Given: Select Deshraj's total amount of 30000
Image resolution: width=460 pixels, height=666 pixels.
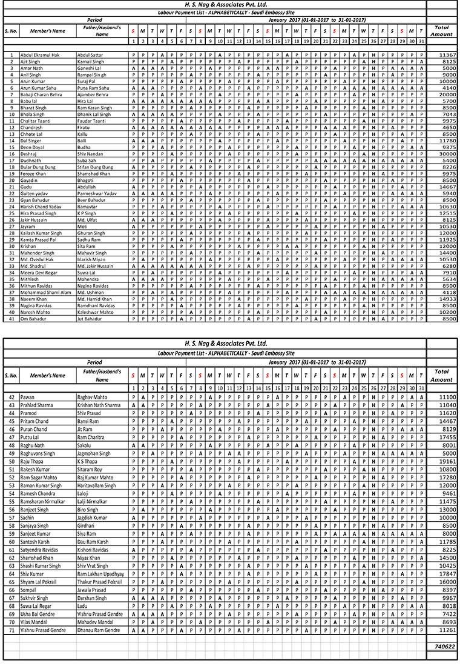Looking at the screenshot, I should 445,154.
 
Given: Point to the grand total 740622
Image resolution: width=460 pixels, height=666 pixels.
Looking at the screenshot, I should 444,647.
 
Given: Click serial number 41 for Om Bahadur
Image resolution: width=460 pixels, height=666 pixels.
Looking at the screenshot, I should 11,318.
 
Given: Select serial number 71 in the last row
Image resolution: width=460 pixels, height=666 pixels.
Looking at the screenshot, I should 11,630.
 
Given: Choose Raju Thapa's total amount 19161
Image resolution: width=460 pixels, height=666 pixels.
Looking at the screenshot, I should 445,461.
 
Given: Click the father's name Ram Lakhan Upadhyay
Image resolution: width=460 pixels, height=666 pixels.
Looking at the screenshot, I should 101,573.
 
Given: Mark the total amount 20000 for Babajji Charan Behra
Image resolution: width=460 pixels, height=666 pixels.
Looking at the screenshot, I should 445,95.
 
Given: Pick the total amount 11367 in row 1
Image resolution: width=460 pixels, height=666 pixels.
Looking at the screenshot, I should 445,55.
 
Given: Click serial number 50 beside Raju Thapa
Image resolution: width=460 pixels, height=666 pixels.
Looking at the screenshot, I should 11,461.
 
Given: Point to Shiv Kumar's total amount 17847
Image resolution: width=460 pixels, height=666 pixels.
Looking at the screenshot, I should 445,573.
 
